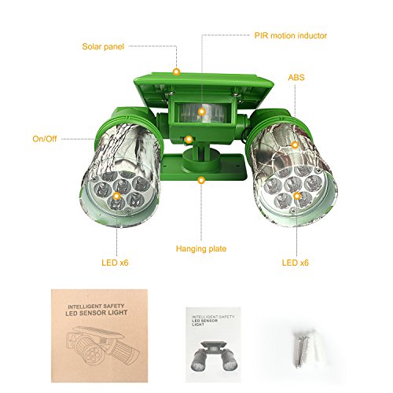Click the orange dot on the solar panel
click(x=177, y=71)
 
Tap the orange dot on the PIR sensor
click(x=201, y=112)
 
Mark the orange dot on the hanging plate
click(x=203, y=180)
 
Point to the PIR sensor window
click(x=202, y=112)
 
